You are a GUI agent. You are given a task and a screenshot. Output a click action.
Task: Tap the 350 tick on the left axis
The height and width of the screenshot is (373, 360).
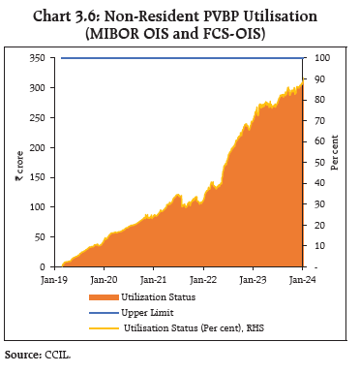(37, 58)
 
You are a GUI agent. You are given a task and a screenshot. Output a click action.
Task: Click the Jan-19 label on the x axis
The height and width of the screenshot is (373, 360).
(53, 279)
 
